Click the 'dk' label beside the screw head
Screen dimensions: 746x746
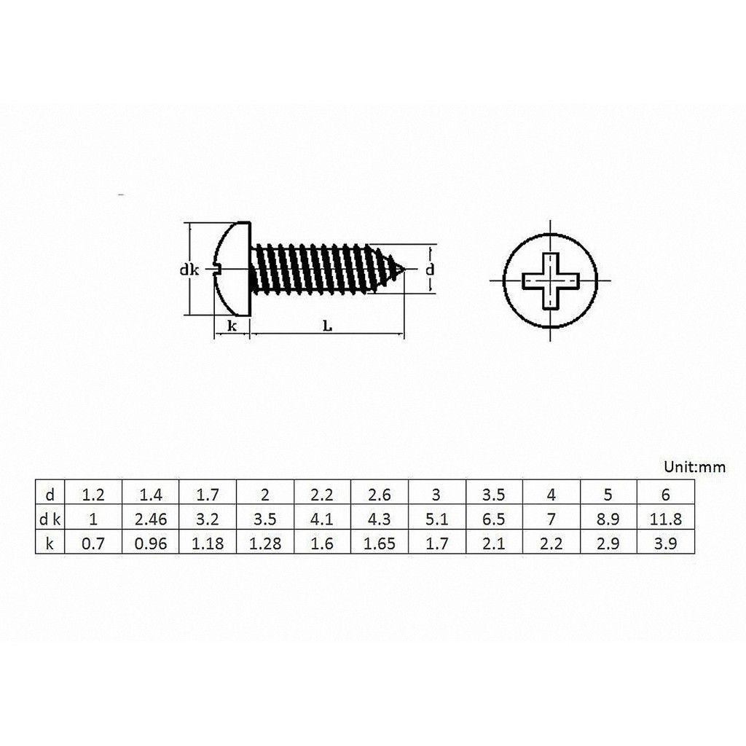tap(189, 270)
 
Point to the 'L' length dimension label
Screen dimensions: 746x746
tap(327, 326)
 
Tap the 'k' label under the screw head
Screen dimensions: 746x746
tap(232, 326)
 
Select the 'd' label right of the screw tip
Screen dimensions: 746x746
tap(430, 270)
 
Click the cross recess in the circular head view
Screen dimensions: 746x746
tap(551, 280)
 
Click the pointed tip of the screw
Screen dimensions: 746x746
tap(405, 270)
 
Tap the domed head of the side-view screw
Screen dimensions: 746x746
tap(232, 269)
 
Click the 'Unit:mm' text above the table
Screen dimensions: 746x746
tap(694, 467)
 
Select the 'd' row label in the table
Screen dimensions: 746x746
tap(50, 495)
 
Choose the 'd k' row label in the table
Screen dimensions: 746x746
tap(50, 519)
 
